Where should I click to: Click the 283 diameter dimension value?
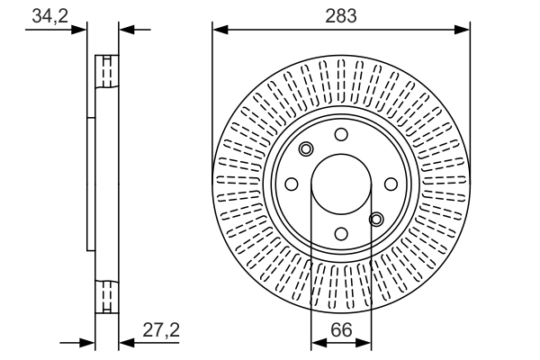pyautogui.click(x=341, y=16)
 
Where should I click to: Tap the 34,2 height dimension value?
pyautogui.click(x=50, y=16)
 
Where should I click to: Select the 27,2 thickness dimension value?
pyautogui.click(x=161, y=330)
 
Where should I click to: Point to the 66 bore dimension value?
pyautogui.click(x=341, y=330)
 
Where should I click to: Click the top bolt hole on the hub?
pyautogui.click(x=341, y=134)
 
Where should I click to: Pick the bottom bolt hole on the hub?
pyautogui.click(x=341, y=234)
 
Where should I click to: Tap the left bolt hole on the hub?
pyautogui.click(x=292, y=184)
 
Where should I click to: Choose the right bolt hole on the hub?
pyautogui.click(x=391, y=184)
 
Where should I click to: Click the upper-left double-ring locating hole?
pyautogui.click(x=306, y=149)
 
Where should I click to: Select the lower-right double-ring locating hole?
pyautogui.click(x=376, y=219)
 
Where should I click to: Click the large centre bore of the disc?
pyautogui.click(x=341, y=184)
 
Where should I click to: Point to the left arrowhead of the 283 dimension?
pyautogui.click(x=220, y=30)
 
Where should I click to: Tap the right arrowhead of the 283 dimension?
pyautogui.click(x=462, y=30)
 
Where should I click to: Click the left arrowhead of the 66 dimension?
pyautogui.click(x=319, y=343)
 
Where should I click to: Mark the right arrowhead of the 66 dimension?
pyautogui.click(x=364, y=343)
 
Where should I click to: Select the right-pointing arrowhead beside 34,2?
pyautogui.click(x=79, y=30)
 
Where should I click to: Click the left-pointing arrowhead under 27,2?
pyautogui.click(x=127, y=343)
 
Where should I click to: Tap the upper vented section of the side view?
pyautogui.click(x=107, y=71)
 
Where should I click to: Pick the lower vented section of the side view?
pyautogui.click(x=107, y=297)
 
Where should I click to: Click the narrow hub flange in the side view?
pyautogui.click(x=91, y=184)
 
